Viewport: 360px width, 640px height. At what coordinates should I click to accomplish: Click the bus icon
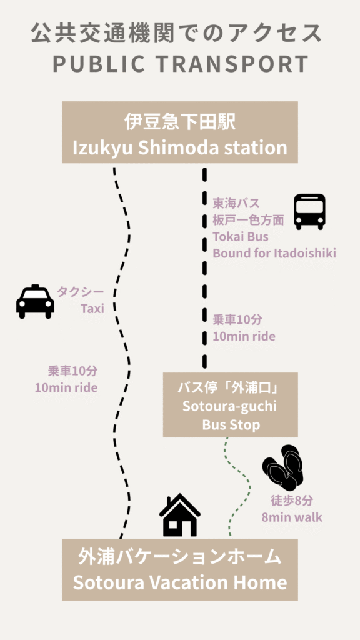310,211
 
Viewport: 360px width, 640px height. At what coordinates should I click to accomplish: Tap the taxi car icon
35,302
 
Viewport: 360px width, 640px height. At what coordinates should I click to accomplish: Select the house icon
179,515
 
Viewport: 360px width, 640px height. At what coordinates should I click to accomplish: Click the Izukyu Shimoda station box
179,132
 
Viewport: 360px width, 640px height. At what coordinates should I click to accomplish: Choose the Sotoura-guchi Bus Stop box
231,405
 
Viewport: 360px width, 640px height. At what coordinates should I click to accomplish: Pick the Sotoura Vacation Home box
179,570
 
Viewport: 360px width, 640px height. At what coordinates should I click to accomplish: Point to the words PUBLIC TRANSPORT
180,64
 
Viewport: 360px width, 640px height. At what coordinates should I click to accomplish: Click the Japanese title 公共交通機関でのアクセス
177,34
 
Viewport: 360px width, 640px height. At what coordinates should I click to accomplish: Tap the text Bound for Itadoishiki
274,253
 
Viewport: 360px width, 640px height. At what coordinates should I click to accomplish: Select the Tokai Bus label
241,236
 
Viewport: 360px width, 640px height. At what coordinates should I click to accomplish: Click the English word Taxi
92,309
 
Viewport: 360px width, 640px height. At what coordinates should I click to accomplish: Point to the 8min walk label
292,517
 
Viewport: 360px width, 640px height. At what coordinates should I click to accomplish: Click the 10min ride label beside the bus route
244,336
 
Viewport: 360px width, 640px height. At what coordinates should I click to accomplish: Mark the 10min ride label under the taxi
66,387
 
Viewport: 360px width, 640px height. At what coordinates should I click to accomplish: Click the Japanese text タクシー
81,292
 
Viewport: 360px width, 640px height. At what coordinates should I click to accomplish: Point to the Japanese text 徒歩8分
292,501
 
